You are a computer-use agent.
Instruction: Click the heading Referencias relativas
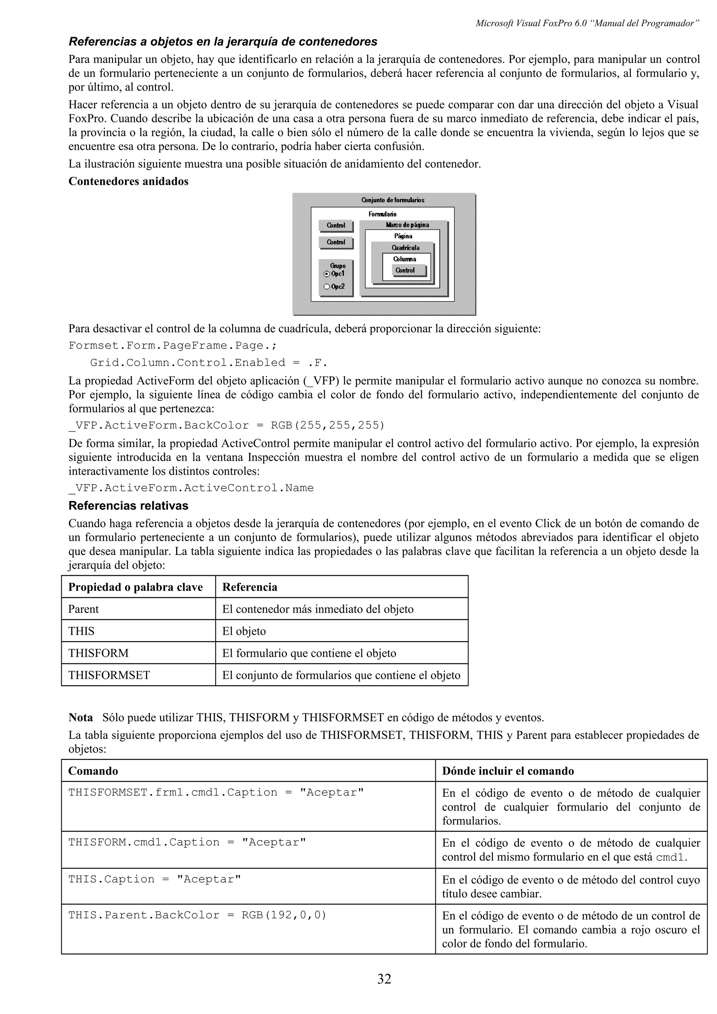[128, 506]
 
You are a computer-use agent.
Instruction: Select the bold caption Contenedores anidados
[128, 182]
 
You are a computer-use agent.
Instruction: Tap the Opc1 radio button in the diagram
[327, 274]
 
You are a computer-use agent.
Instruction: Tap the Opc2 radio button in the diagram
[327, 287]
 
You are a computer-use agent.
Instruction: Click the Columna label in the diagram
[404, 259]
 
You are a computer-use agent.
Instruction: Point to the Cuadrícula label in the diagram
[405, 248]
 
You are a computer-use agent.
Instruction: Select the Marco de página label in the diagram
[407, 225]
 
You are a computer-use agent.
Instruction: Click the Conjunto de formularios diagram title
[393, 200]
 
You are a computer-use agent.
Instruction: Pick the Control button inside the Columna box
[405, 270]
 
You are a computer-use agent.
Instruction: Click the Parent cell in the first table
[83, 609]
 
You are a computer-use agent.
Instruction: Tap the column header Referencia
[250, 587]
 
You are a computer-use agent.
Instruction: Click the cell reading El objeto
[244, 631]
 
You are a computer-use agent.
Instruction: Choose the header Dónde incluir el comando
[508, 771]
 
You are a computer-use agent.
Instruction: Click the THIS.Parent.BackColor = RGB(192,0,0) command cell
[197, 915]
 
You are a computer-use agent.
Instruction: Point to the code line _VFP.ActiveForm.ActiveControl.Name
[191, 488]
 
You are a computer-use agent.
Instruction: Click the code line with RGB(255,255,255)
[227, 425]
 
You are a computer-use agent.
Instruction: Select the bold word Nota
[81, 718]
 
